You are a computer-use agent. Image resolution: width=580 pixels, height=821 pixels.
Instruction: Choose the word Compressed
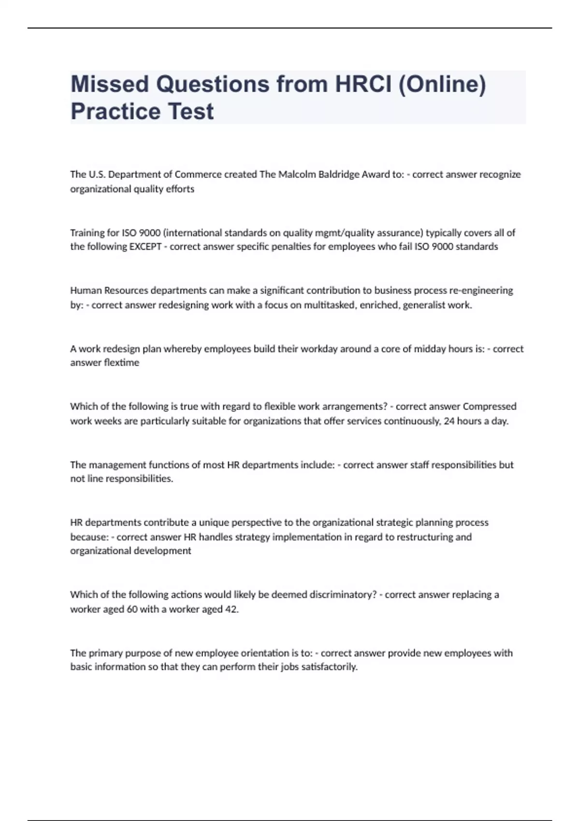point(490,406)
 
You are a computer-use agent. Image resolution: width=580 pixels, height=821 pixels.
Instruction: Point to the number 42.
point(232,609)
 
